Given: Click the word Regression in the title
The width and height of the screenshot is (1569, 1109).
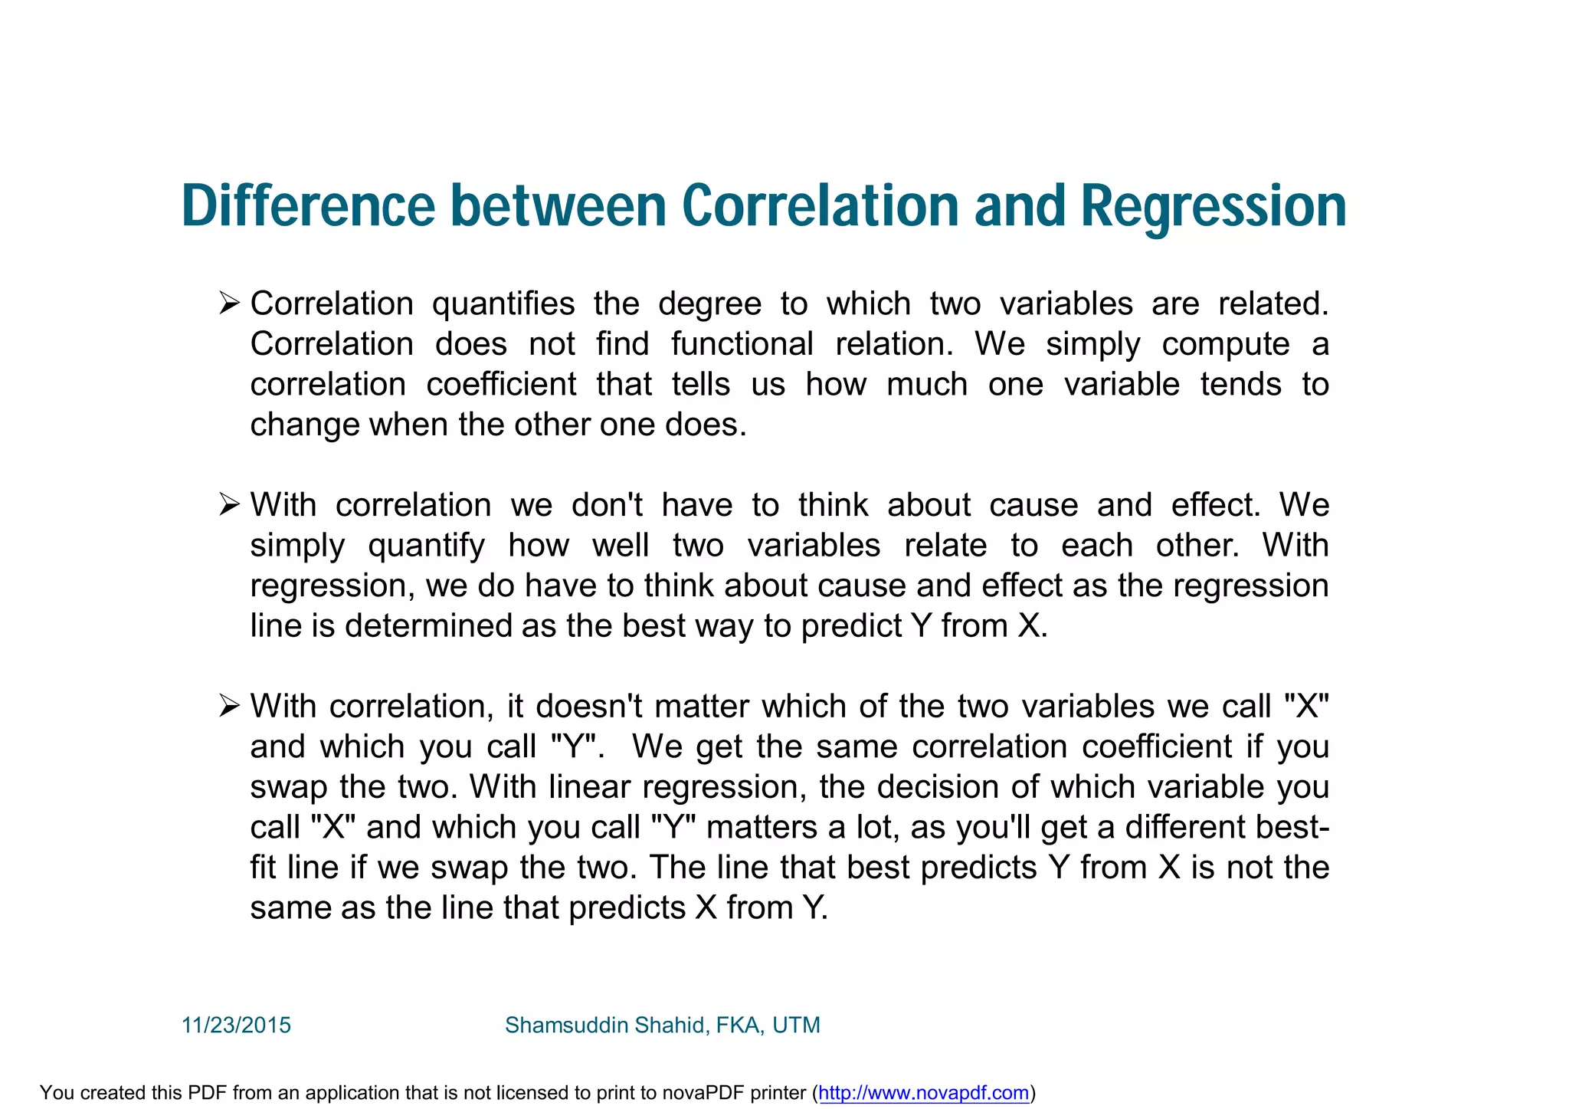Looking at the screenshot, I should click(x=1214, y=207).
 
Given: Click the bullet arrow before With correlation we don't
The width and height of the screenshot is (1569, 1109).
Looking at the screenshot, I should click(x=229, y=504).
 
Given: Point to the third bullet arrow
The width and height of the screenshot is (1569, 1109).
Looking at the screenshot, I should click(x=229, y=705).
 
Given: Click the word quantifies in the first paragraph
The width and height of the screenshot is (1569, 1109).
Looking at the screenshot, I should click(x=503, y=304).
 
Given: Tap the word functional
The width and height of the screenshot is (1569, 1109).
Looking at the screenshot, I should click(x=742, y=344).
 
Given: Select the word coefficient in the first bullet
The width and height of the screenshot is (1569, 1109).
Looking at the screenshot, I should click(x=501, y=384).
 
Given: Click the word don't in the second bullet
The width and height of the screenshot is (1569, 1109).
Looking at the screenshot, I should click(x=607, y=505).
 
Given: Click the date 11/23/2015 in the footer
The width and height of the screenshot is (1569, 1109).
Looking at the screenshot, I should click(x=236, y=1025).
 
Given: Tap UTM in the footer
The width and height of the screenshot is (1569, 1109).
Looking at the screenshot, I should click(x=796, y=1025).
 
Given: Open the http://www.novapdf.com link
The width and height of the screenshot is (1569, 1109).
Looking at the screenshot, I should click(x=923, y=1092).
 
